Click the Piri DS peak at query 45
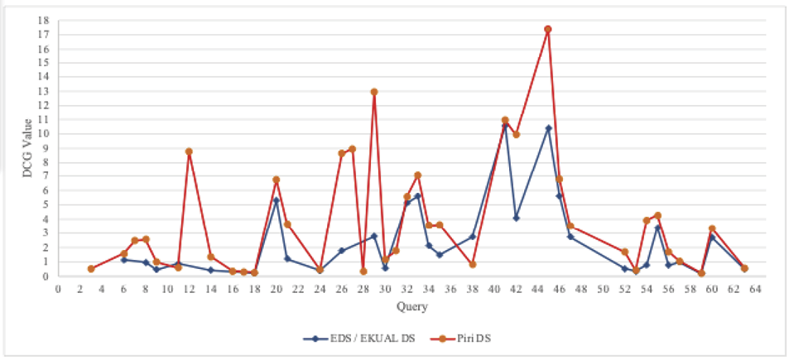pyautogui.click(x=548, y=29)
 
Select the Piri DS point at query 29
pyautogui.click(x=374, y=92)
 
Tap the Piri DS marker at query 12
pyautogui.click(x=189, y=151)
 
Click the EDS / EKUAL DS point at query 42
pyautogui.click(x=516, y=218)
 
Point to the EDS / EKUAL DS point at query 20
pyautogui.click(x=277, y=200)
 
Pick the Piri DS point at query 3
pyautogui.click(x=91, y=269)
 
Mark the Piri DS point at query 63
pyautogui.click(x=744, y=268)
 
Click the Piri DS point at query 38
pyautogui.click(x=473, y=264)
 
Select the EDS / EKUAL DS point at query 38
pyautogui.click(x=473, y=237)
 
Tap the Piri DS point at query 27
pyautogui.click(x=352, y=149)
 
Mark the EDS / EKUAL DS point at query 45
pyautogui.click(x=548, y=128)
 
